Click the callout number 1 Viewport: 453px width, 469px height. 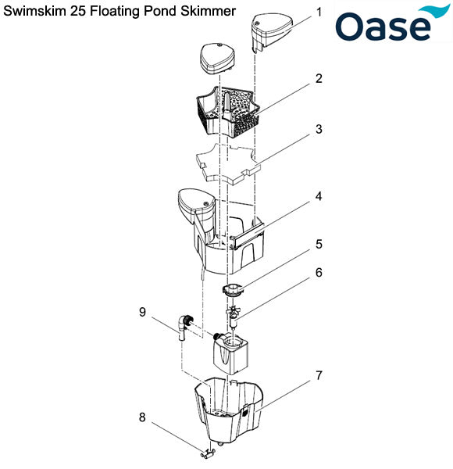pyautogui.click(x=319, y=13)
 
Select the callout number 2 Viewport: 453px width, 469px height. pyautogui.click(x=319, y=79)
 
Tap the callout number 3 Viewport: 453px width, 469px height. pyautogui.click(x=319, y=129)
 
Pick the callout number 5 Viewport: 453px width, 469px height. pyautogui.click(x=319, y=243)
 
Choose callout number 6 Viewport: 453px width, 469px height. pyautogui.click(x=319, y=273)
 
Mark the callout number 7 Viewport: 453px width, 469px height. pyautogui.click(x=319, y=376)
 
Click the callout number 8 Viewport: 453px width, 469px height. pyautogui.click(x=142, y=417)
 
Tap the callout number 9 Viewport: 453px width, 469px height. pyautogui.click(x=142, y=312)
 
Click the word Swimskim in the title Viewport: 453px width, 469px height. pyautogui.click(x=36, y=12)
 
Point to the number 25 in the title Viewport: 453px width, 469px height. pyautogui.click(x=76, y=12)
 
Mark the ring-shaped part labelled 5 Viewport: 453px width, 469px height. pyautogui.click(x=232, y=290)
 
